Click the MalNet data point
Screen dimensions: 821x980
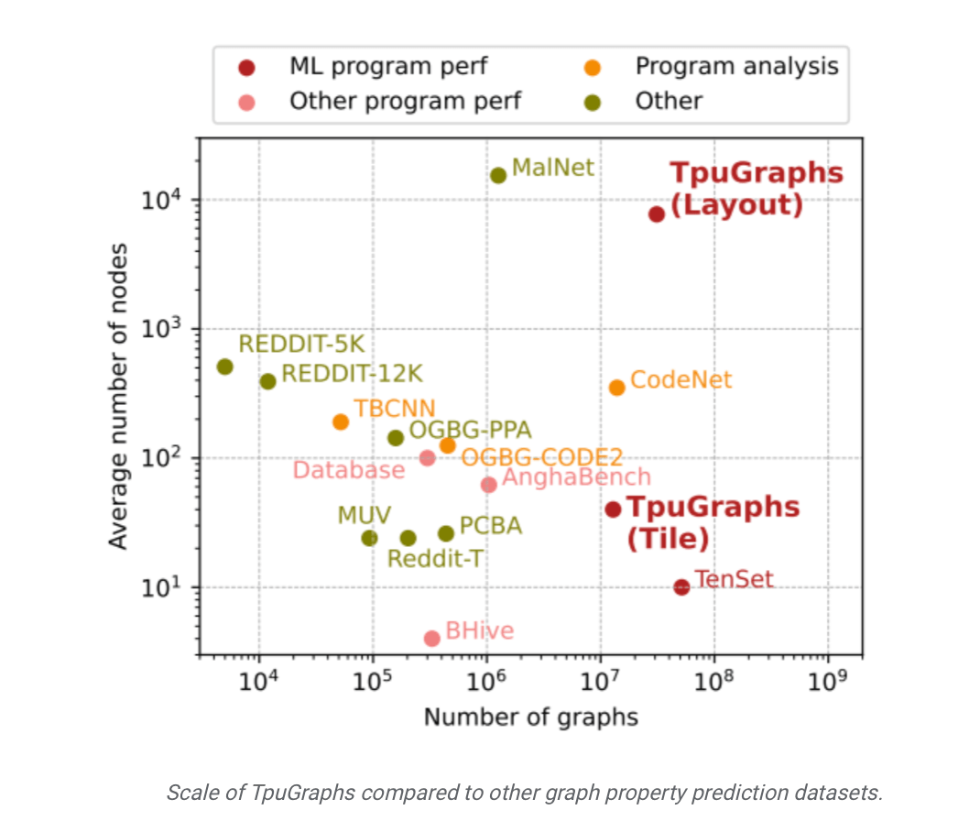[x=498, y=175]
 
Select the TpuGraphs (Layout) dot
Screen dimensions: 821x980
[x=657, y=213]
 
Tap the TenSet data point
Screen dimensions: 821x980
[x=681, y=586]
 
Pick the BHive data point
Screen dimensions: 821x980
[x=432, y=638]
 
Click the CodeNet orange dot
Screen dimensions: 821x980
[x=617, y=387]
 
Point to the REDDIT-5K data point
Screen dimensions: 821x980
[x=224, y=367]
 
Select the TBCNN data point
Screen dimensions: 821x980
[x=341, y=421]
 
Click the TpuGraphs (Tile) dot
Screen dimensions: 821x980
[x=614, y=509]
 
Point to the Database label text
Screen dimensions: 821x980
[x=348, y=470]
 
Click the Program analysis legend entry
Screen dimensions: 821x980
[x=736, y=66]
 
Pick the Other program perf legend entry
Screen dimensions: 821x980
[x=405, y=101]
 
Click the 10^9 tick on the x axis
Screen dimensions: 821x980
[x=828, y=683]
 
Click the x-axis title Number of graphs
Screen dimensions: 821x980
[x=530, y=717]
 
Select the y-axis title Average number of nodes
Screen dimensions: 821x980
[x=118, y=395]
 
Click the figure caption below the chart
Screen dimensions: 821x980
[x=524, y=793]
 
